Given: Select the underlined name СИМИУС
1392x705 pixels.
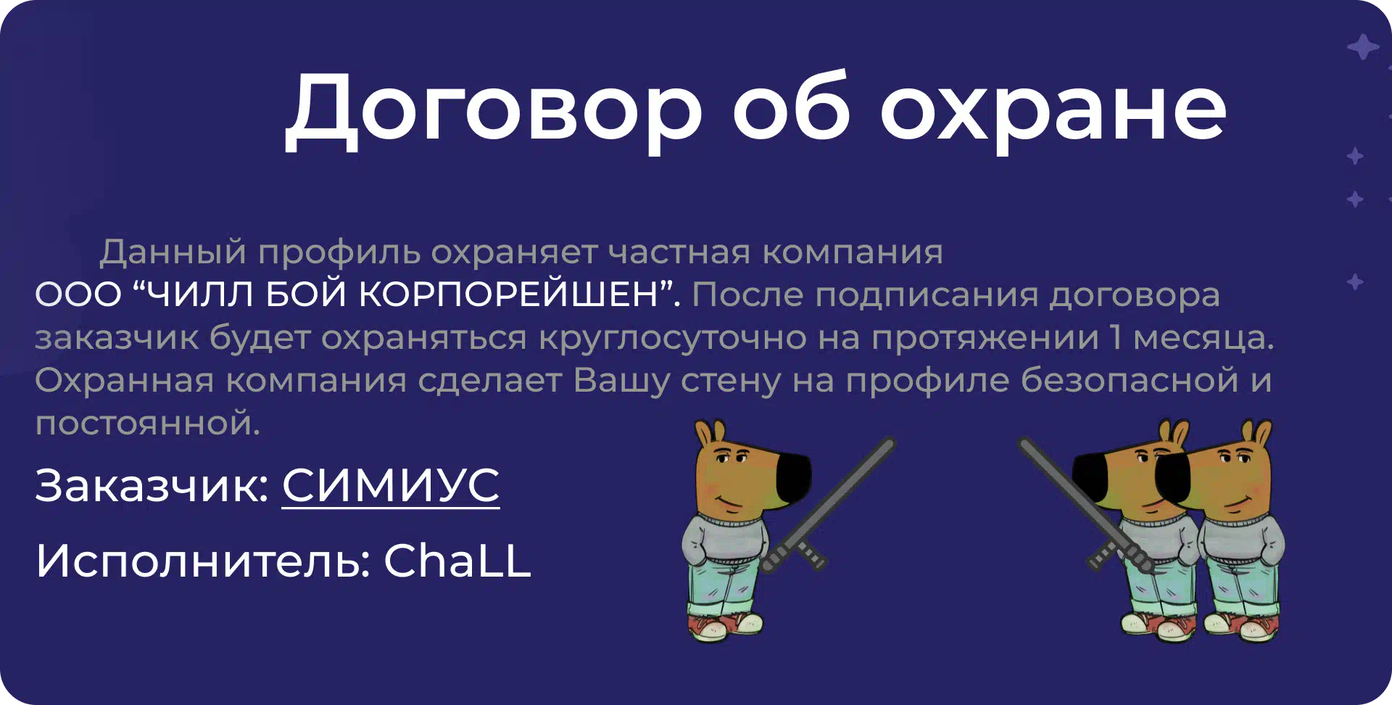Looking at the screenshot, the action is (x=391, y=485).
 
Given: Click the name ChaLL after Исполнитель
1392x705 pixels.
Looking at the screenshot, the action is (x=457, y=561).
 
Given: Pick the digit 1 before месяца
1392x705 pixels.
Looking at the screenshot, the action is (x=1115, y=338).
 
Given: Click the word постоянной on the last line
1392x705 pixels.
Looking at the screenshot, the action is (x=148, y=423).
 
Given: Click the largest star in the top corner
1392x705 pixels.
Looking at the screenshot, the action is (x=1363, y=47).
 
